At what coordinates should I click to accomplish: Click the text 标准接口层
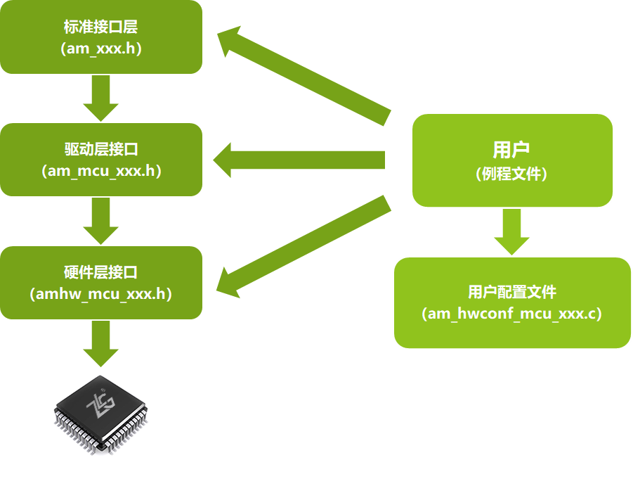coord(100,28)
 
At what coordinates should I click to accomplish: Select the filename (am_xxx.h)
coord(100,49)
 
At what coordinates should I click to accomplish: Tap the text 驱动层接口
coord(100,150)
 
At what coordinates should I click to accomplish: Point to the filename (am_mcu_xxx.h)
coord(100,171)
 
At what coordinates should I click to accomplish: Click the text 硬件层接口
coord(100,272)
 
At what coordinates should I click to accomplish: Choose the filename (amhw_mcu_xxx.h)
coord(100,294)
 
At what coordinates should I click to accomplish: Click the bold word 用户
coord(511,150)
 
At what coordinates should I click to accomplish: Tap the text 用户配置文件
coord(511,292)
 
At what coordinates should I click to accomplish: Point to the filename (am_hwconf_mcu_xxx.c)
coord(511,314)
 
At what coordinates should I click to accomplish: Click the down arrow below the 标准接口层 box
coord(100,98)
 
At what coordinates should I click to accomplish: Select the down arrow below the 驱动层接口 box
coord(100,221)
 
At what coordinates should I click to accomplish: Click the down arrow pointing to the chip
coord(100,343)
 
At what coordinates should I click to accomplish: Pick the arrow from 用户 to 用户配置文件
coord(511,231)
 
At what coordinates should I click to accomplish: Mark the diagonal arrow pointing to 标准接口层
coord(302,75)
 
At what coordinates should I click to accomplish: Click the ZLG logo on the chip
coord(96,405)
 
